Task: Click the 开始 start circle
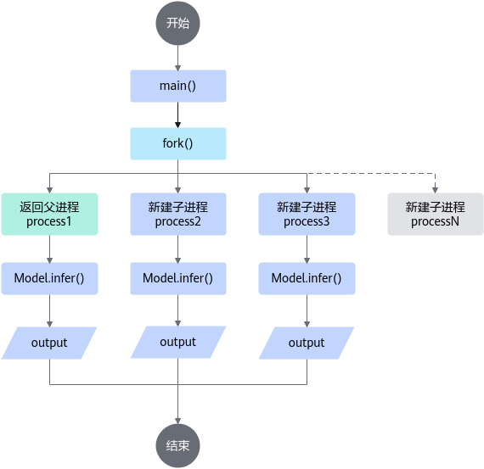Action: click(177, 23)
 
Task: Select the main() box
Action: click(178, 86)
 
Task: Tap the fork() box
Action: click(178, 143)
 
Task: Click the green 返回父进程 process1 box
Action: click(50, 214)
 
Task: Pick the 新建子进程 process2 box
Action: click(178, 214)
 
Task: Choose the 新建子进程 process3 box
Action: click(307, 214)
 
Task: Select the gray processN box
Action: click(436, 214)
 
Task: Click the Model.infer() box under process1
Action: click(50, 278)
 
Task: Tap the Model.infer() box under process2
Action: click(178, 278)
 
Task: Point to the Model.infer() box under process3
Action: click(307, 278)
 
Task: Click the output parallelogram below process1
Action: click(49, 343)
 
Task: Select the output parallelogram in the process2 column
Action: click(178, 343)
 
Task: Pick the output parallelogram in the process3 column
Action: click(307, 343)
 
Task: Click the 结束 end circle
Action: click(177, 446)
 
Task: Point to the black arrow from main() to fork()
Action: click(177, 115)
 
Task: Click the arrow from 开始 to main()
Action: click(177, 58)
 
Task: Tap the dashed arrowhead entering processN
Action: click(436, 190)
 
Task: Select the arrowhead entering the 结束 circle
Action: click(177, 421)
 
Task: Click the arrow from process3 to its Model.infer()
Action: click(307, 249)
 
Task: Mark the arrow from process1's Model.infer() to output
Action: click(50, 310)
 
